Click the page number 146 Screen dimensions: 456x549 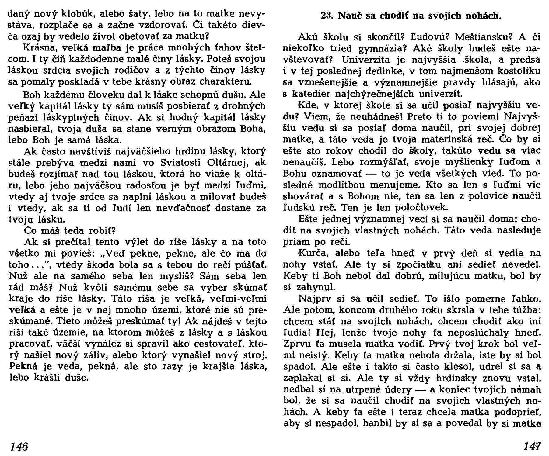point(19,446)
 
